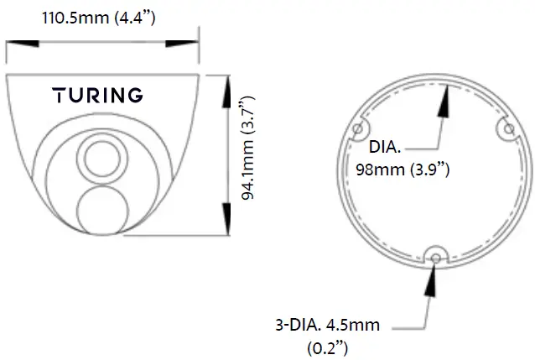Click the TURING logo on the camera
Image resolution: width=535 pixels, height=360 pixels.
[x=98, y=95]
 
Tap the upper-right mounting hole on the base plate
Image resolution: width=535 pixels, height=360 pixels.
[x=506, y=128]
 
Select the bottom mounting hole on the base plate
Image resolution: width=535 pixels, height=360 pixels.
[x=434, y=257]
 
